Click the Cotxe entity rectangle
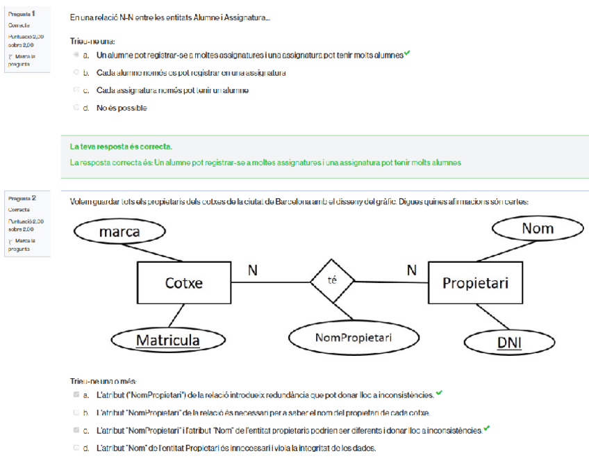(x=183, y=282)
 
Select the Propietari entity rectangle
(x=475, y=283)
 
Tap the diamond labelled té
(x=332, y=281)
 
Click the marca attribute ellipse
(x=119, y=231)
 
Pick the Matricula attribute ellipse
(x=167, y=341)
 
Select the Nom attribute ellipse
(x=537, y=228)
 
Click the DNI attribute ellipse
(x=510, y=342)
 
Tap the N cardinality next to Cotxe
(x=252, y=270)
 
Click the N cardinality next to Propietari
(x=412, y=270)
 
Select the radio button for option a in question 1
(x=76, y=54)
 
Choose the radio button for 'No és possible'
(x=76, y=108)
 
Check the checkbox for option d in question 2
(x=76, y=448)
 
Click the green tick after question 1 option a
(x=407, y=53)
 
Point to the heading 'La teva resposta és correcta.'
(x=122, y=147)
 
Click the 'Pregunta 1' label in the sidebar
(x=22, y=14)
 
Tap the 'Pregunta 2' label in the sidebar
(x=22, y=198)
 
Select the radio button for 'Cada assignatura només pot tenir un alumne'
(x=76, y=90)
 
